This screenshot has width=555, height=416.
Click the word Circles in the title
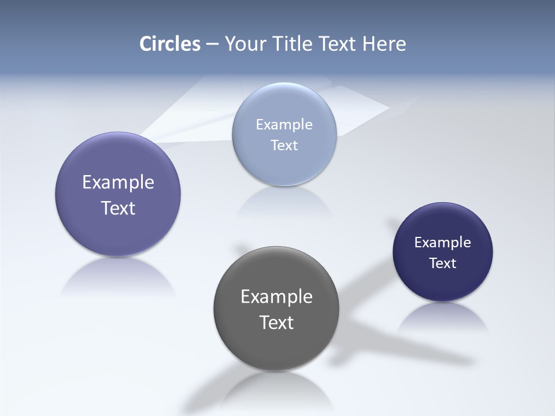point(170,44)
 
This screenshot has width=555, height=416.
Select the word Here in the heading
point(384,44)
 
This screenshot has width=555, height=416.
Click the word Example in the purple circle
point(118,183)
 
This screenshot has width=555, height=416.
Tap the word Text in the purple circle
point(118,208)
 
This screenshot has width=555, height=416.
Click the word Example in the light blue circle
point(284,124)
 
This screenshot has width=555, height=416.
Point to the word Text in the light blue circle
point(284,145)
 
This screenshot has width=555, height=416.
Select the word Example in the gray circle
point(276,296)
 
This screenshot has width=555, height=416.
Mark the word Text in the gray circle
point(276,322)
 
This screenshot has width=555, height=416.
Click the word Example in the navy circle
point(443,242)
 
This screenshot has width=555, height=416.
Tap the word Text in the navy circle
point(443,263)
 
